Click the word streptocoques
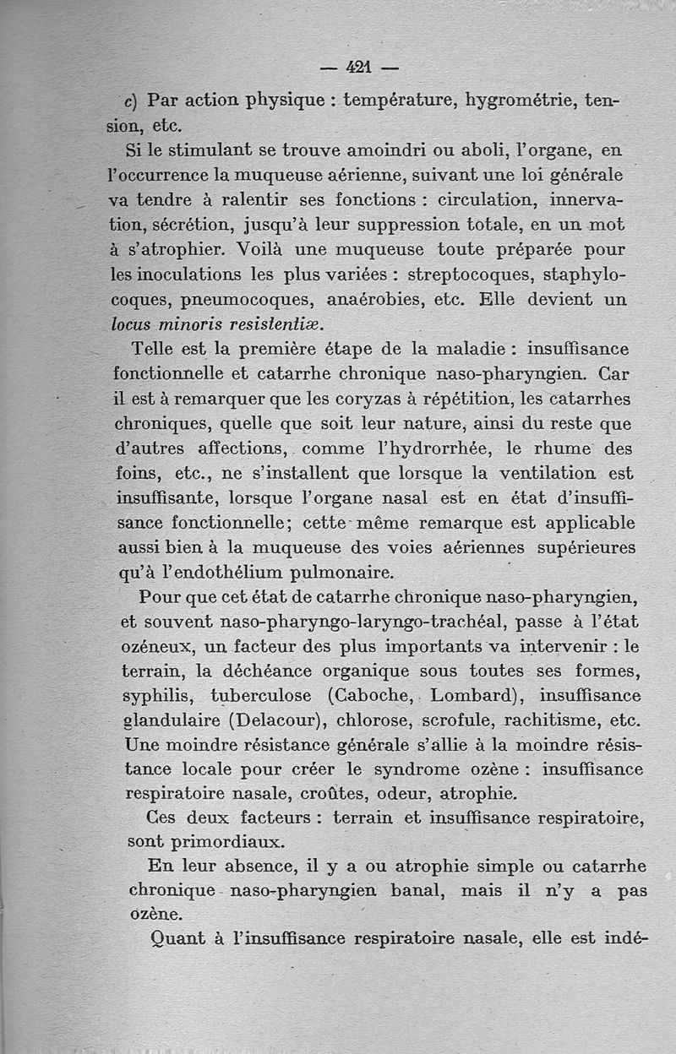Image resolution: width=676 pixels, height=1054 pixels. click(466, 275)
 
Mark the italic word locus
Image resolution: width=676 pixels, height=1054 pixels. click(134, 324)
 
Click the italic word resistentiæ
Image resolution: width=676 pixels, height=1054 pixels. click(275, 324)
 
